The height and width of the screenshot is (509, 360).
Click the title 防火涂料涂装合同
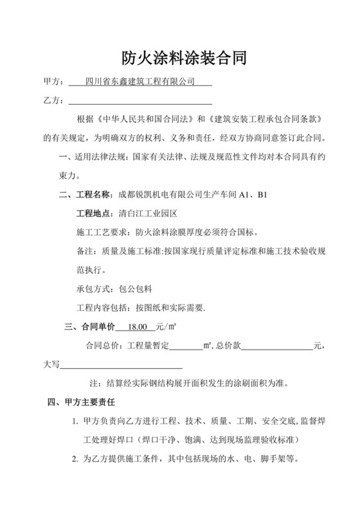179,59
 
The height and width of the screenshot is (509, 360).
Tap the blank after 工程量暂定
186,346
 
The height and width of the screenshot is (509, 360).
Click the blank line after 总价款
276,346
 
